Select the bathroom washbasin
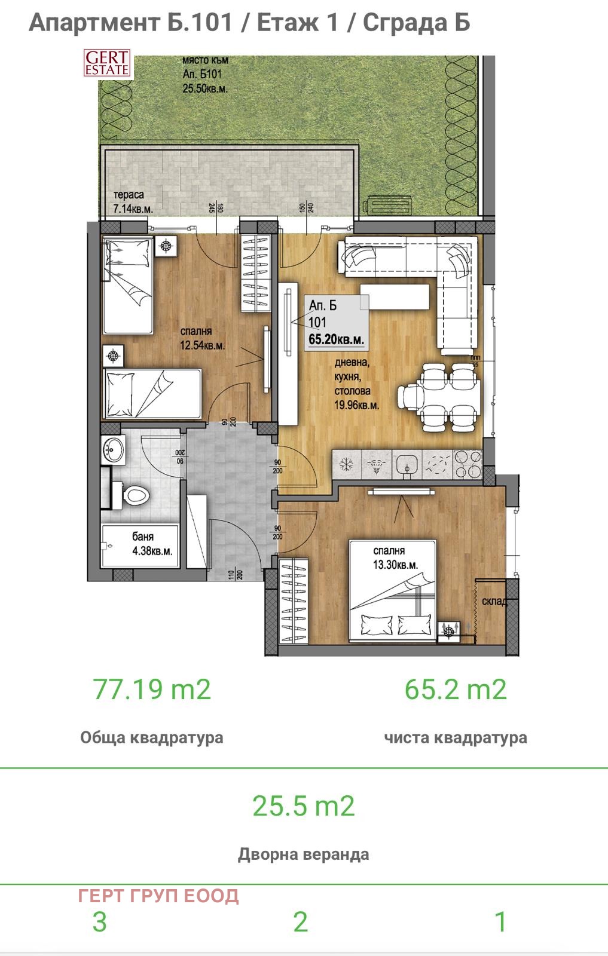[x=112, y=449]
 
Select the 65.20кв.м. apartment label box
[x=335, y=323]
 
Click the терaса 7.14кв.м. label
[x=133, y=203]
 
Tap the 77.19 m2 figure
[x=152, y=689]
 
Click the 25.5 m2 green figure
[x=303, y=805]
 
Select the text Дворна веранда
[x=303, y=854]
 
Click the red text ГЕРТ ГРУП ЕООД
[x=158, y=896]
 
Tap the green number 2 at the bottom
[x=300, y=922]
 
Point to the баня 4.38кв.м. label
[x=152, y=544]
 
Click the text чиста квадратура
[x=456, y=737]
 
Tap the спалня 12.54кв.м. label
[x=203, y=338]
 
